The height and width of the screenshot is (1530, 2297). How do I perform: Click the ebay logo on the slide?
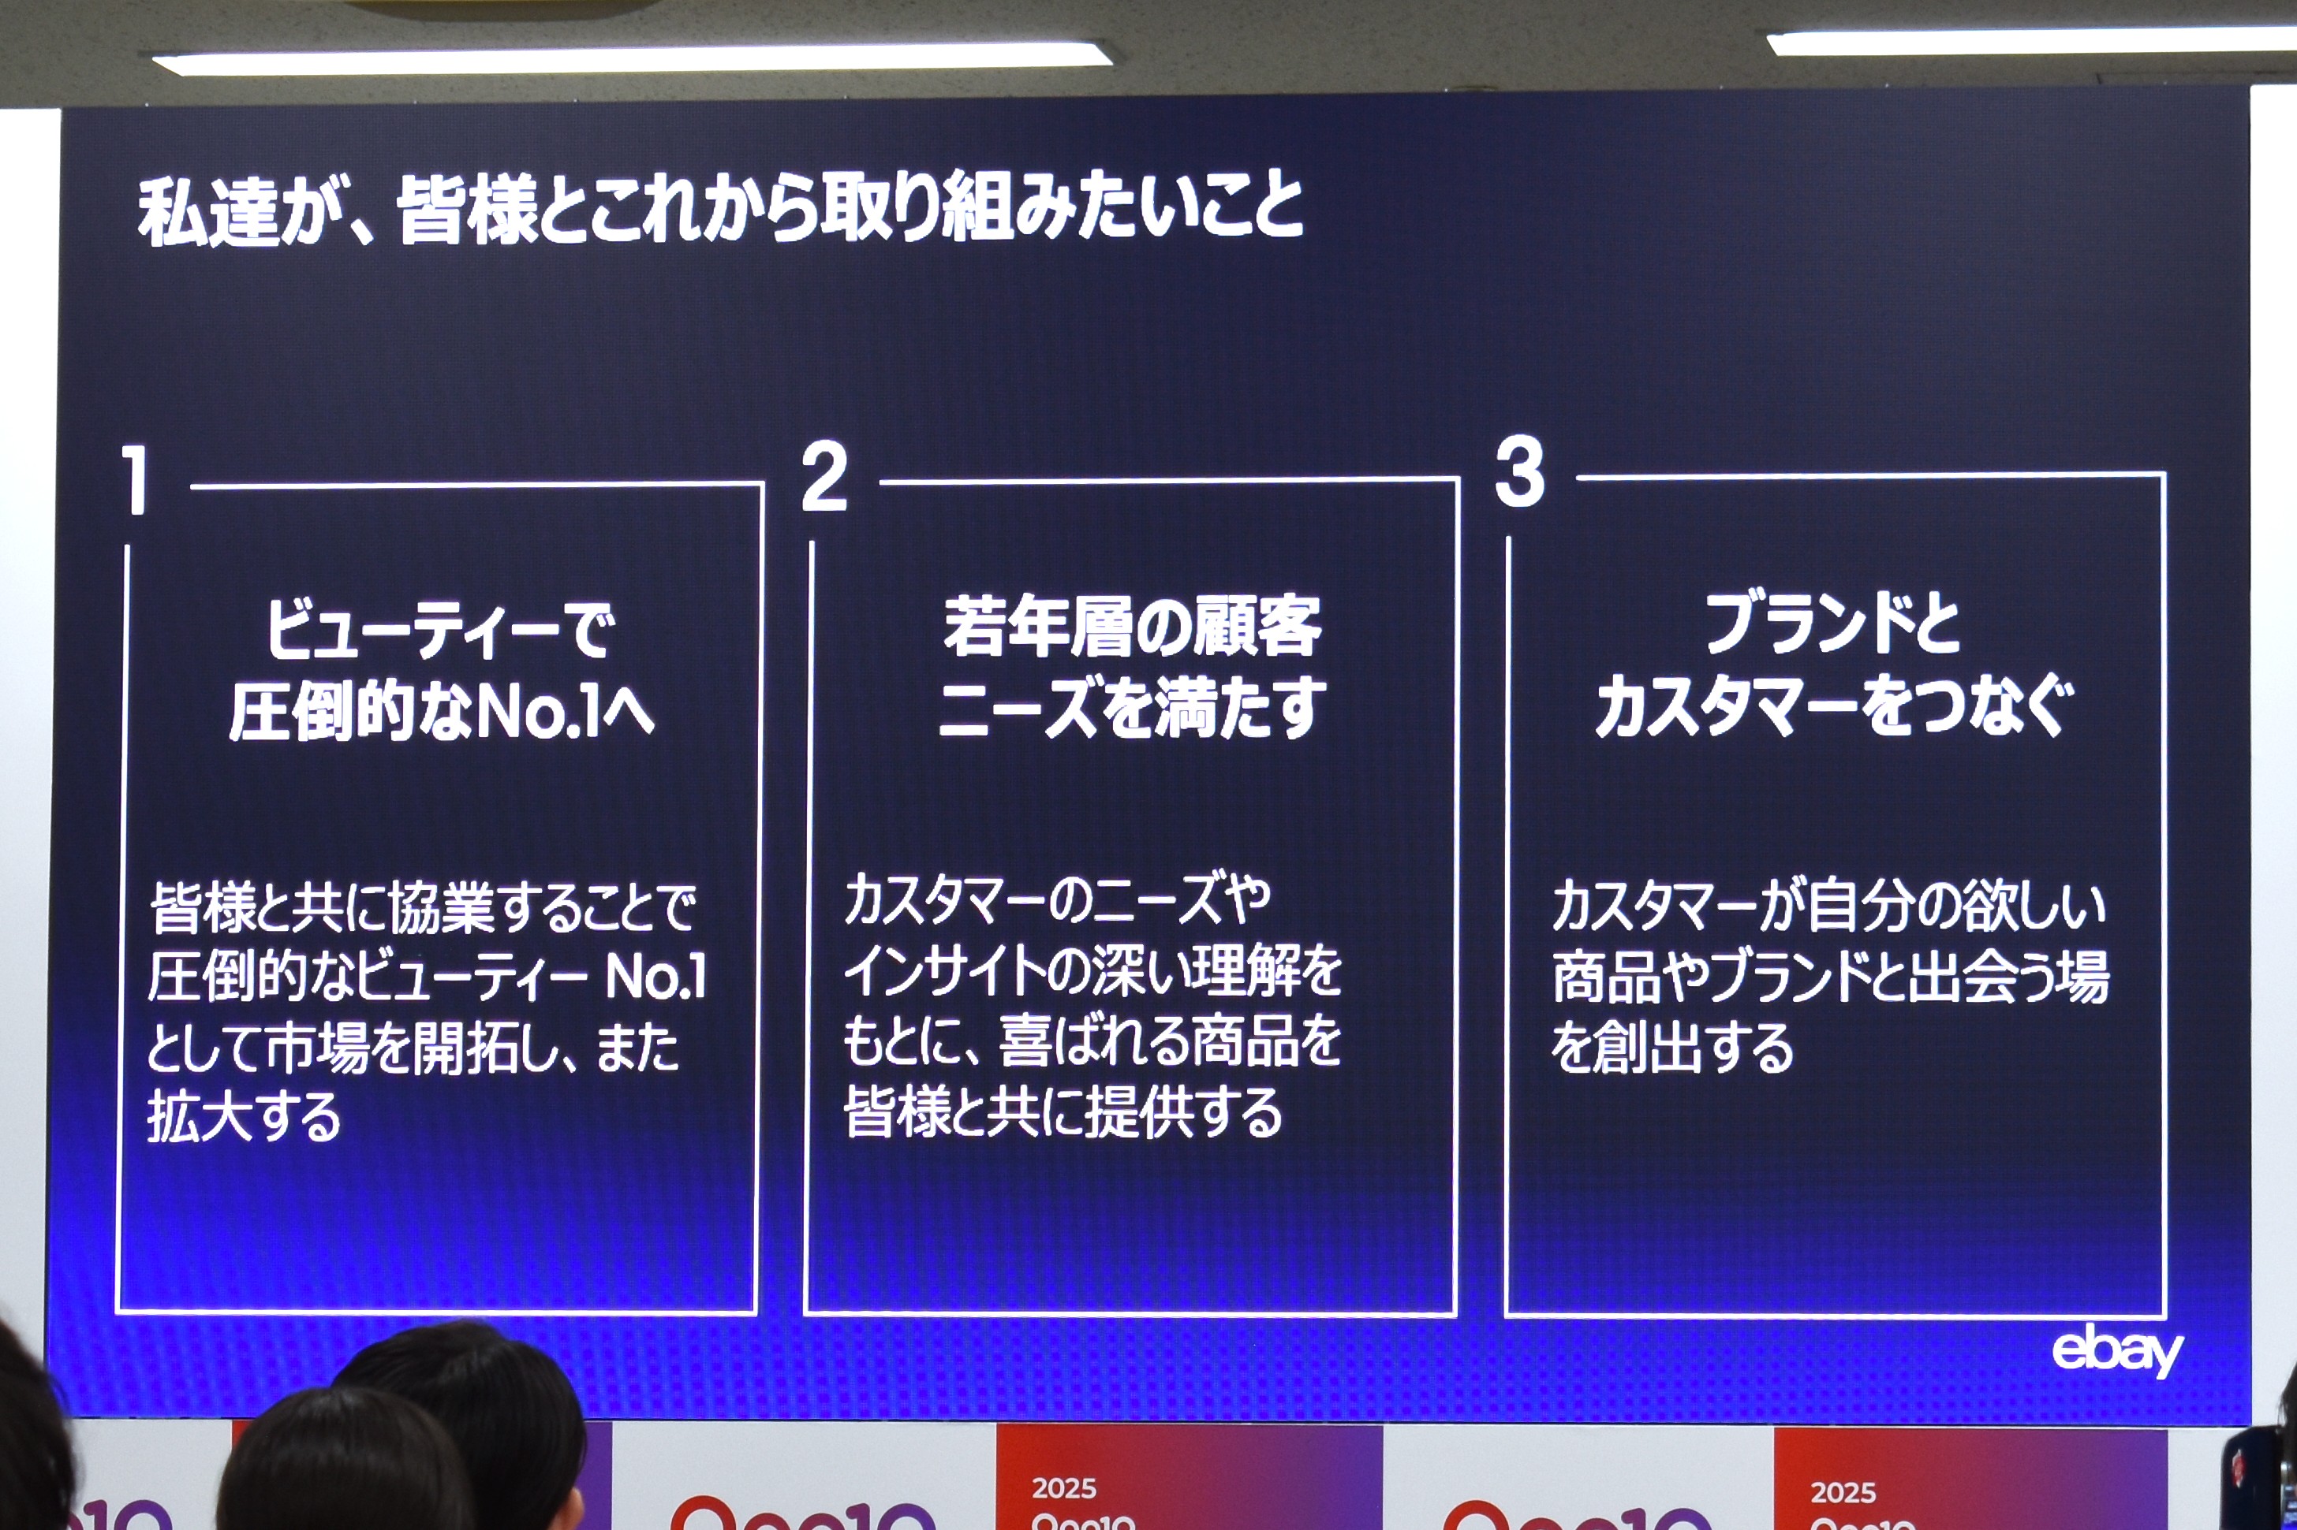2116,1353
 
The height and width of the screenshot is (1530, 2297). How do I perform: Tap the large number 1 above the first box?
136,479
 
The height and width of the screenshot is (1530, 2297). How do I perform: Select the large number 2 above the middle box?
824,476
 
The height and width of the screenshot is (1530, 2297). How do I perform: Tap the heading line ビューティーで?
439,629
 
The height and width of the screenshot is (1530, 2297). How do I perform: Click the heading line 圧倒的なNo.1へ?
441,710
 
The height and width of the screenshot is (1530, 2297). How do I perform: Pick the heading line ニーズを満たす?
1133,706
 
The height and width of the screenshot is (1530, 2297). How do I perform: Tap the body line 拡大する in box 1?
244,1116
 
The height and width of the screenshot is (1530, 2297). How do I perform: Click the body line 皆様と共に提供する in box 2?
1063,1112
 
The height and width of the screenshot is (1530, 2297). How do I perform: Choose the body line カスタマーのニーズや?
1057,899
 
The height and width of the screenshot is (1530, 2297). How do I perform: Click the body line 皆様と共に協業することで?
423,906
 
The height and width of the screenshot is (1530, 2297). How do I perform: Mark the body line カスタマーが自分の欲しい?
1828,906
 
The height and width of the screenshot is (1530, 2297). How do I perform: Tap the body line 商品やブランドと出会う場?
1830,977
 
